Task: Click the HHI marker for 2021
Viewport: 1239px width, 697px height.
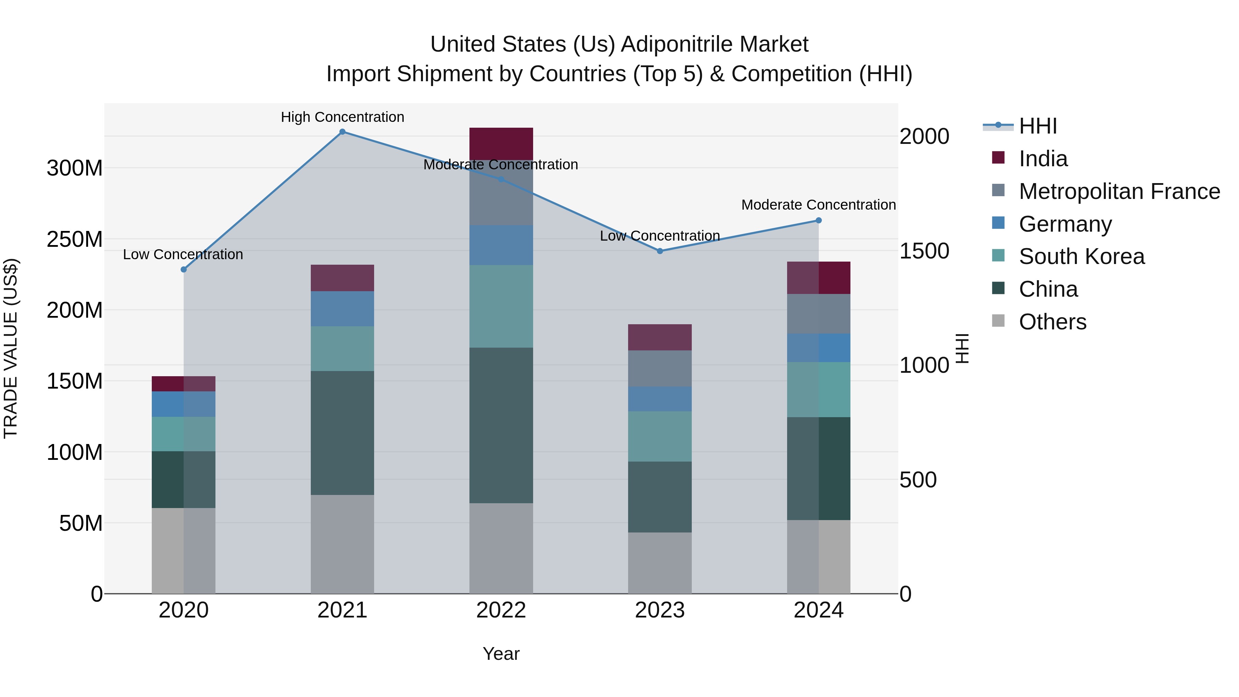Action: (342, 132)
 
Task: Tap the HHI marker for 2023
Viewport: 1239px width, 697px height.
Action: (659, 251)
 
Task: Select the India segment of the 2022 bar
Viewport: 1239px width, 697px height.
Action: (501, 143)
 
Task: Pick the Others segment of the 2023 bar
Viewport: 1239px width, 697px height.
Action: (659, 562)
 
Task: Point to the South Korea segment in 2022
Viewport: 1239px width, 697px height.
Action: (501, 306)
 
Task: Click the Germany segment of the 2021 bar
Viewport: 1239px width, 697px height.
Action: (342, 308)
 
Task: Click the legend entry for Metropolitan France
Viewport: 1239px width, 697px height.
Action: (1119, 191)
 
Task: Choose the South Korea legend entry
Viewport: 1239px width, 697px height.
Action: (1081, 256)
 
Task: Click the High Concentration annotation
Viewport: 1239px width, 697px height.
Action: (342, 117)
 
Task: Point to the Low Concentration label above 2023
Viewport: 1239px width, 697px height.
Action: (659, 236)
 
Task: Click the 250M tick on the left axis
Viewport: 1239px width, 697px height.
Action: (75, 239)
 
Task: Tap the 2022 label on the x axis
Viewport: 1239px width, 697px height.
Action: (501, 610)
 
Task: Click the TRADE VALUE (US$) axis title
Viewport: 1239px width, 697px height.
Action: (11, 348)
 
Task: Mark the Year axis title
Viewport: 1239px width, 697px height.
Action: (501, 654)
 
